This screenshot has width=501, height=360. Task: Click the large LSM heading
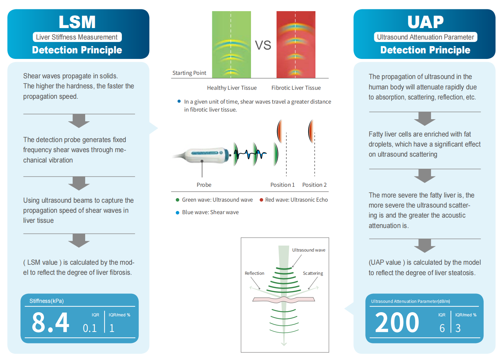(x=77, y=22)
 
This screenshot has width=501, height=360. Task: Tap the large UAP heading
(x=426, y=22)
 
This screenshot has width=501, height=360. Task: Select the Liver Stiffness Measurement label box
(x=77, y=37)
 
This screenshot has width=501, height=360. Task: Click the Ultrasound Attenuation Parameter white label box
(x=426, y=37)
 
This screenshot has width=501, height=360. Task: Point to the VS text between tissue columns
(x=263, y=45)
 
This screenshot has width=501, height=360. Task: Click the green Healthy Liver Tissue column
(x=232, y=45)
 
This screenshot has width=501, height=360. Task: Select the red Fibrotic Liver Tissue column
(x=296, y=45)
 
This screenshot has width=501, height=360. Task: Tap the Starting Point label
(x=189, y=73)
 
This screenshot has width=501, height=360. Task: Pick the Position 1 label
(x=283, y=185)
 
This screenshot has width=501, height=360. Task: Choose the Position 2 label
(x=314, y=185)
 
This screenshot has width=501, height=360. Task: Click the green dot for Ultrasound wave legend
(x=178, y=200)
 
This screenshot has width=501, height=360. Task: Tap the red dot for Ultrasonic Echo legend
(x=261, y=200)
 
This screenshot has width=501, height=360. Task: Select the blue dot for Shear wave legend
(x=178, y=213)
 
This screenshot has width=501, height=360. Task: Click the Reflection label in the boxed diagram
(x=254, y=273)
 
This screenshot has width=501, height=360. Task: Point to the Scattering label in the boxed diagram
(x=313, y=273)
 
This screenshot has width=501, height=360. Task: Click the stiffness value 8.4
(x=50, y=322)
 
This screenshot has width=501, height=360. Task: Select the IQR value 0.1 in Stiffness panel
(x=90, y=328)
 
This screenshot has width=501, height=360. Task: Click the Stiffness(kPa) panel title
(x=46, y=301)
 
